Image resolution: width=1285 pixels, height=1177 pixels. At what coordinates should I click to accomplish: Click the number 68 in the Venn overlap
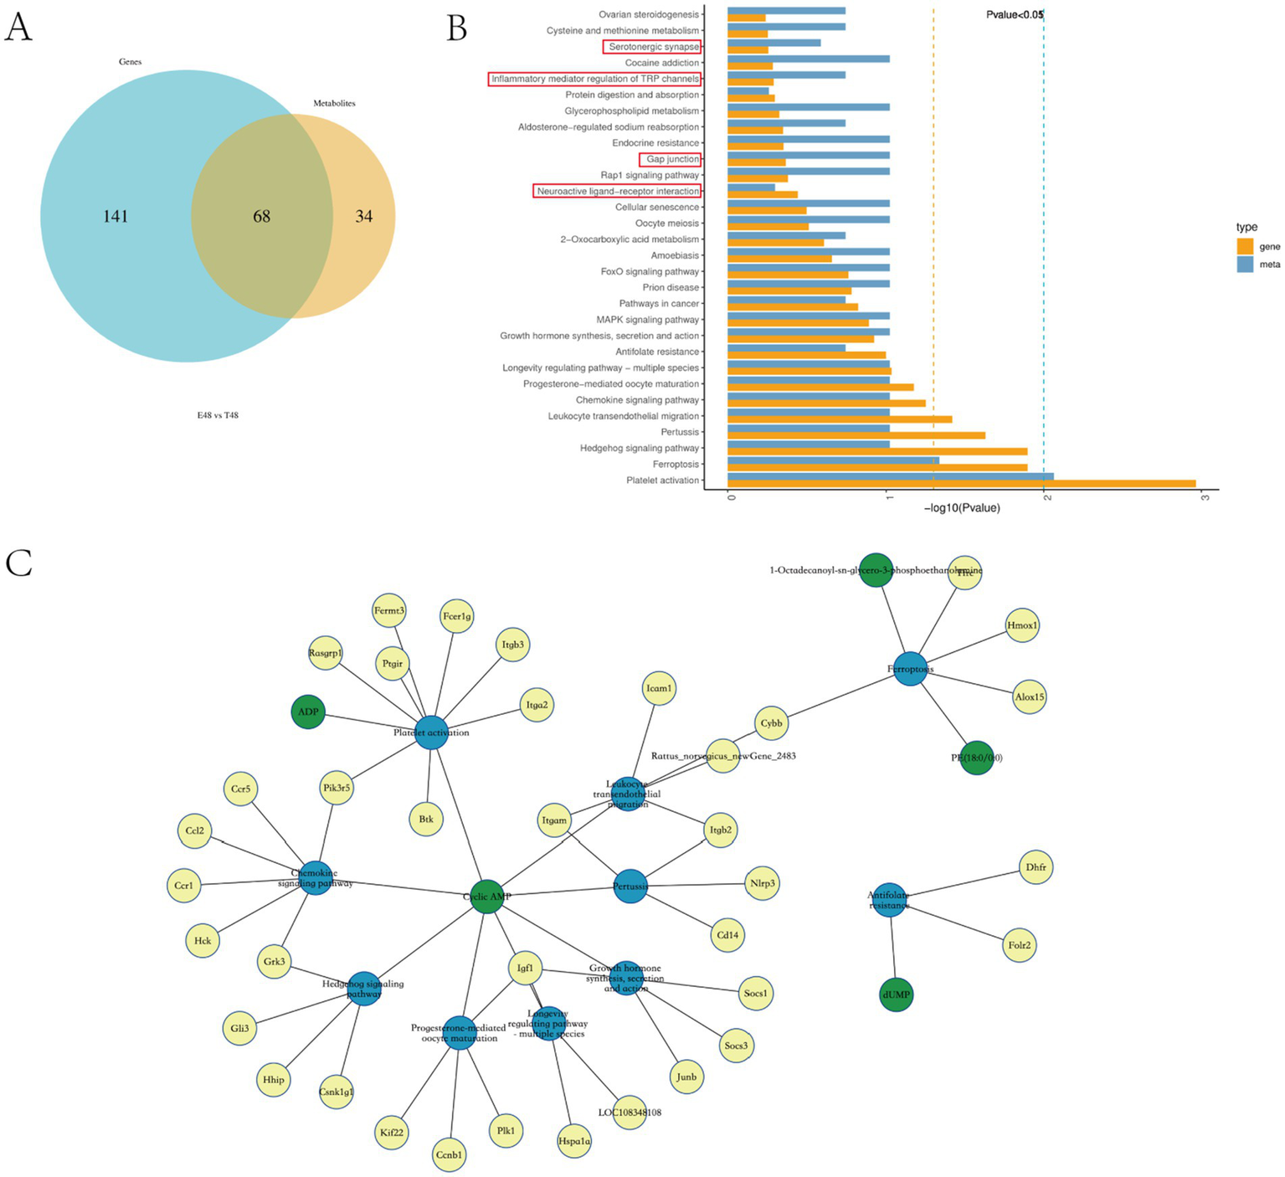262,217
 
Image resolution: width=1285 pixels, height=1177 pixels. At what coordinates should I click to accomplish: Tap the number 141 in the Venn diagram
116,217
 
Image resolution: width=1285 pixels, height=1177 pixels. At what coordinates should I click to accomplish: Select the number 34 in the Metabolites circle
363,217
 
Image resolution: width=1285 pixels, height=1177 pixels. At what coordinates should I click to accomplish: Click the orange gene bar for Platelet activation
961,484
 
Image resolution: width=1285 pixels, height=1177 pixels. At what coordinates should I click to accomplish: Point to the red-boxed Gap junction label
671,159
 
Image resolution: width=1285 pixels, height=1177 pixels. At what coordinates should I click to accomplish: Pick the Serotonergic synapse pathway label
652,47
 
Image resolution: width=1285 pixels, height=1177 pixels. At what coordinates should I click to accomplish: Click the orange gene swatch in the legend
1245,246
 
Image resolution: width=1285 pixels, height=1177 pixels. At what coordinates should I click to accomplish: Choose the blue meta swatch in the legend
1245,265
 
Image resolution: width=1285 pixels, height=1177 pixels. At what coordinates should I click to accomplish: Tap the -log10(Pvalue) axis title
962,508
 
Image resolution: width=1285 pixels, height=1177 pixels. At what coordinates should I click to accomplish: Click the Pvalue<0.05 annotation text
1014,14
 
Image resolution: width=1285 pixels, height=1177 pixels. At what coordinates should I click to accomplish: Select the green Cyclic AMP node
486,897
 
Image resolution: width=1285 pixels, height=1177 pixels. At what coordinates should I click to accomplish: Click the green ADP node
308,712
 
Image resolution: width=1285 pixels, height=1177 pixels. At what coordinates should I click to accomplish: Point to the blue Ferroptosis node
910,669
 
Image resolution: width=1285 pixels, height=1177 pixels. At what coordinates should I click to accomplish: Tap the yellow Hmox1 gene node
1022,625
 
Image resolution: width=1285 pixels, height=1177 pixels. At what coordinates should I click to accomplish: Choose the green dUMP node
896,995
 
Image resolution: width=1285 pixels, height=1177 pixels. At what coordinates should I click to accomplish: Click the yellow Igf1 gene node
525,969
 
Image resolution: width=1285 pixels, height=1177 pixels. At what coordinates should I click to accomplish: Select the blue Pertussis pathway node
630,886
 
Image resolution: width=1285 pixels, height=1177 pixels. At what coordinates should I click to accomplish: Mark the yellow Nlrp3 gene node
763,883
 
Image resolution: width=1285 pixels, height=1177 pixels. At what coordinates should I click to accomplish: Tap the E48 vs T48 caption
218,415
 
